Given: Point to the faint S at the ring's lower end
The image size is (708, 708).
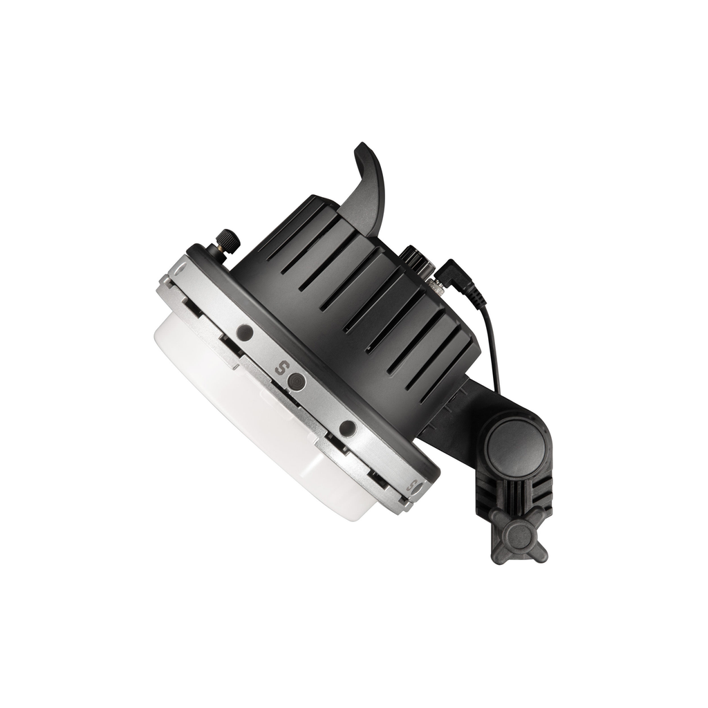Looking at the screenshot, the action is click(x=411, y=487).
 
